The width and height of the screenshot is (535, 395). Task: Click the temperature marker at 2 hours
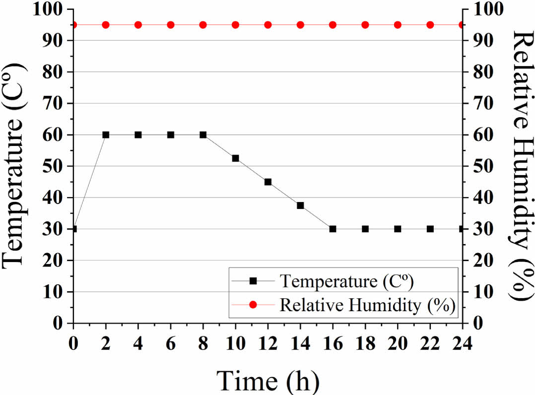[106, 134]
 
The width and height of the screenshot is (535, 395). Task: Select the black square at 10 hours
[235, 158]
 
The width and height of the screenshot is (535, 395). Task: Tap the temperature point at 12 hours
[268, 182]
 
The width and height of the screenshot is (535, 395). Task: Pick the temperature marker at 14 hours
[300, 205]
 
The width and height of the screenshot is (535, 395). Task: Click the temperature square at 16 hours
[333, 229]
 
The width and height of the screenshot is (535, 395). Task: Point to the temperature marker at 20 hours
[398, 229]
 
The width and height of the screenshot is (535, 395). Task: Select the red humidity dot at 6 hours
[171, 25]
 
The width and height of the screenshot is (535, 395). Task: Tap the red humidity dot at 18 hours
[365, 25]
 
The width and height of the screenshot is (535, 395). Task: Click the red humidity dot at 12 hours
[268, 25]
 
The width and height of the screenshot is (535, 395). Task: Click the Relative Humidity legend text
[368, 304]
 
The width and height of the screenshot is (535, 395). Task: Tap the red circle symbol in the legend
[253, 304]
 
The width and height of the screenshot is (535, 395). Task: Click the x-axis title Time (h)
[268, 380]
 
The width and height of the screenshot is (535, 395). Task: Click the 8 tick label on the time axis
[203, 342]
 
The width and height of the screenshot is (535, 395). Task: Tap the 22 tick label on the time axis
[430, 342]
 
